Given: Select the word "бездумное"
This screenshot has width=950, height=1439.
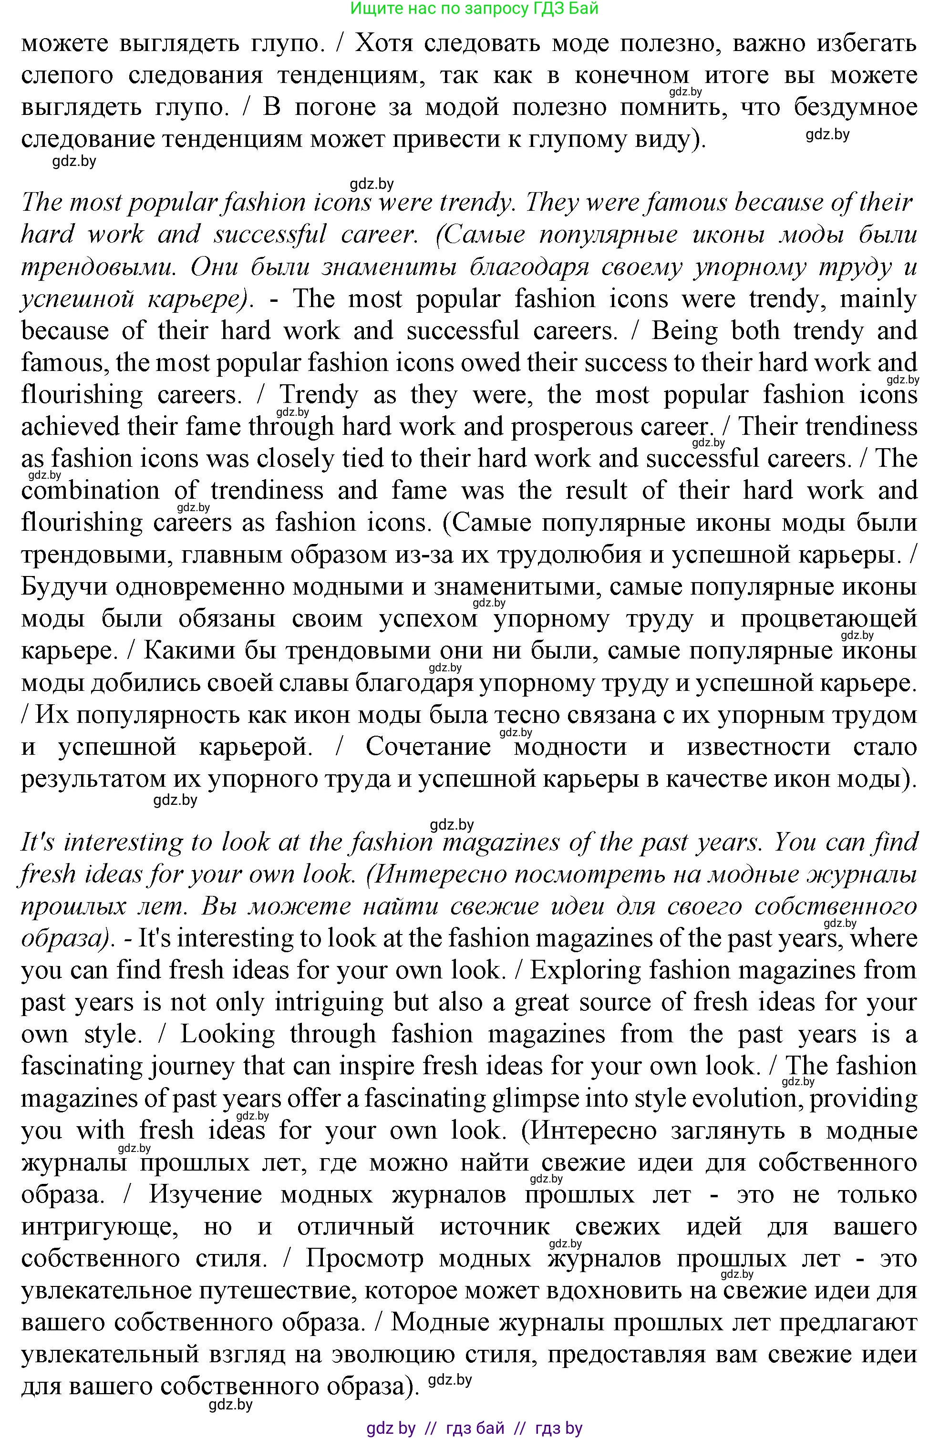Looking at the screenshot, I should pos(855,107).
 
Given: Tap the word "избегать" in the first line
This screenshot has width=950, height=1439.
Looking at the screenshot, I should pos(855,43).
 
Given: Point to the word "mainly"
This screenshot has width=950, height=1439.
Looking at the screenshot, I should pos(878,299).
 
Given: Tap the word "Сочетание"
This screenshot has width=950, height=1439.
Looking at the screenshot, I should pos(428,747).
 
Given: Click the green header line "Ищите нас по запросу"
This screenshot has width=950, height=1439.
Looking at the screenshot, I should pos(474,9).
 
